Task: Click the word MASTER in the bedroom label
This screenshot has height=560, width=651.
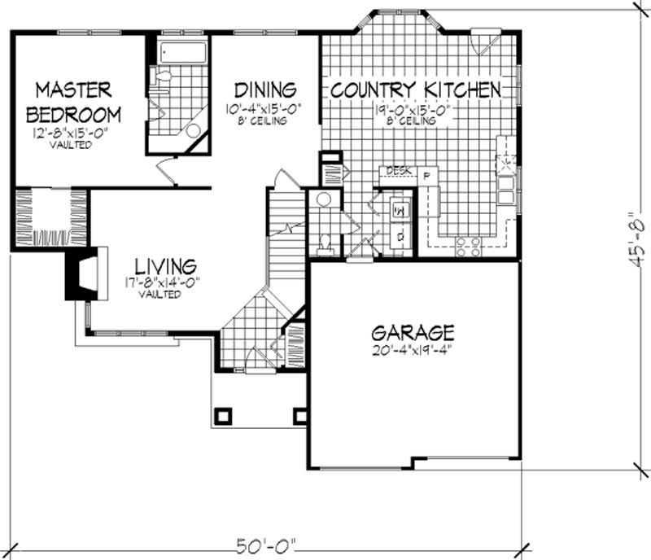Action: tap(73, 88)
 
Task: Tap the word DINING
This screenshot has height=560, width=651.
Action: tap(264, 89)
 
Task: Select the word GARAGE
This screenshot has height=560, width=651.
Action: tap(413, 333)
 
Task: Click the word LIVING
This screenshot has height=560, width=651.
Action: tap(165, 266)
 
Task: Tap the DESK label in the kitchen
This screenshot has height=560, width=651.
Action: tap(397, 171)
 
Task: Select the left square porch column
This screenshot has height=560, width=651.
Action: tap(221, 415)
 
